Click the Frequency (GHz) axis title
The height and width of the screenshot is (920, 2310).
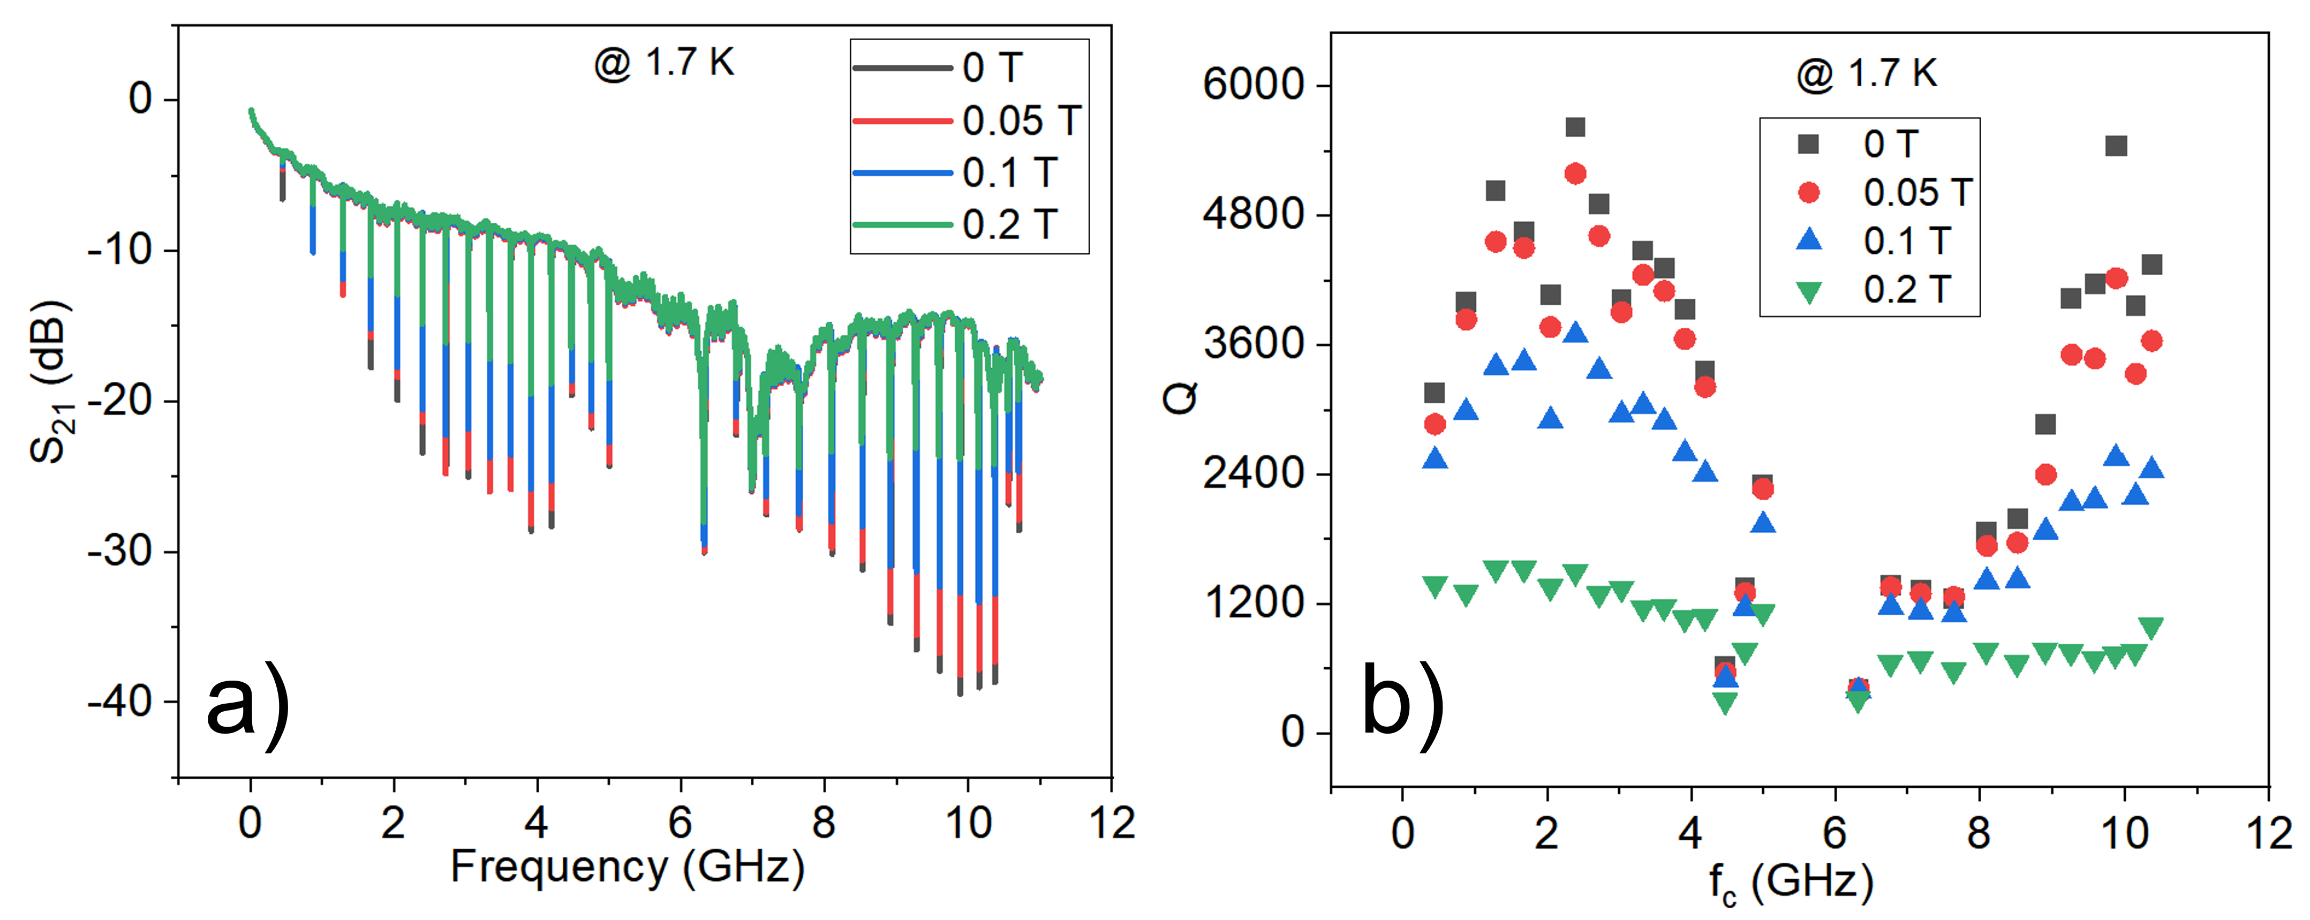(628, 867)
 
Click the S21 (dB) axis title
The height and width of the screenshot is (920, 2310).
(49, 381)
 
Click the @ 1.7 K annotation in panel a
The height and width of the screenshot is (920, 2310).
(663, 63)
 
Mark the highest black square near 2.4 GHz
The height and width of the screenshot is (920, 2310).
(1575, 127)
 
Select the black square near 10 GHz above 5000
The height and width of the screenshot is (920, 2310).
(2116, 145)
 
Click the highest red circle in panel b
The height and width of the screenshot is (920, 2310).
(1575, 173)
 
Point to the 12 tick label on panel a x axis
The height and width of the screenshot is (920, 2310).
(1112, 823)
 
